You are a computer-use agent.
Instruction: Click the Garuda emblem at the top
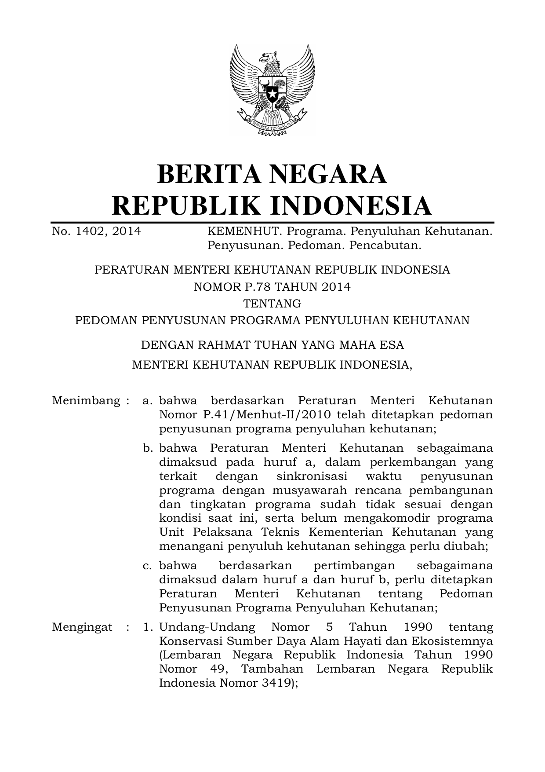[272, 90]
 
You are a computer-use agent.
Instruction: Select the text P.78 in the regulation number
[256, 287]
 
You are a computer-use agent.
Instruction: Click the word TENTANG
[272, 304]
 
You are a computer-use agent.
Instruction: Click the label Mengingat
[82, 627]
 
